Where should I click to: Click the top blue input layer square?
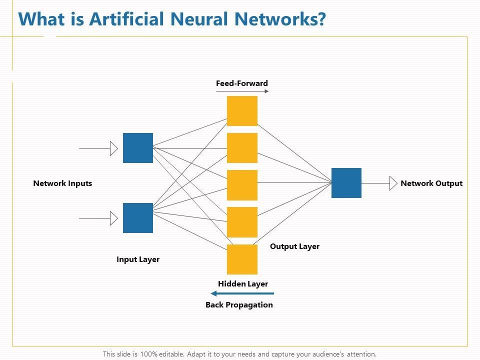[x=138, y=148]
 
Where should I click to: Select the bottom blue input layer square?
[x=138, y=218]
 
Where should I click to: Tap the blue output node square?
[x=346, y=183]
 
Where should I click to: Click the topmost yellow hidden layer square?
[x=242, y=111]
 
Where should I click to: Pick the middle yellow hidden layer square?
[x=242, y=185]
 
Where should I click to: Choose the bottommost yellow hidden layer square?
[x=242, y=259]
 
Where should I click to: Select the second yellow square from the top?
[x=242, y=148]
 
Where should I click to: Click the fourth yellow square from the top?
[x=242, y=222]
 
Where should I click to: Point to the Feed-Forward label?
[x=242, y=83]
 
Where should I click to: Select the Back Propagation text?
[x=239, y=305]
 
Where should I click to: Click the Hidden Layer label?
[x=243, y=284]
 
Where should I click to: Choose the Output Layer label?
[x=294, y=246]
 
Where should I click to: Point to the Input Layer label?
[x=138, y=259]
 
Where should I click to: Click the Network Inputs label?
[x=62, y=183]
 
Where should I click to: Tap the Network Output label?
[x=431, y=183]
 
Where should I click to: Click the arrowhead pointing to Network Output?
[x=393, y=183]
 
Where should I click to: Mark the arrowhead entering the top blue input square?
[x=114, y=148]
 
